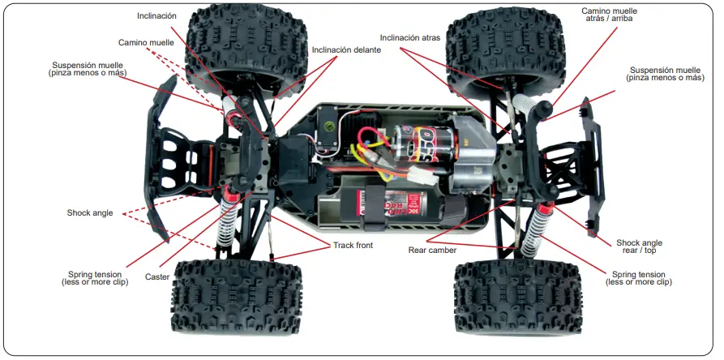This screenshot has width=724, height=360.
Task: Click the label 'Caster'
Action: point(157,277)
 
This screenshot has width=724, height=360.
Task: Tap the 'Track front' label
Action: point(353,246)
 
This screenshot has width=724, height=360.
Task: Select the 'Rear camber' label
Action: point(432,251)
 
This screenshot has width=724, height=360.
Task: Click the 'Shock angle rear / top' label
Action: point(639,247)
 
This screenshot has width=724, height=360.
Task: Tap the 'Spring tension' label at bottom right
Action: point(639,277)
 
